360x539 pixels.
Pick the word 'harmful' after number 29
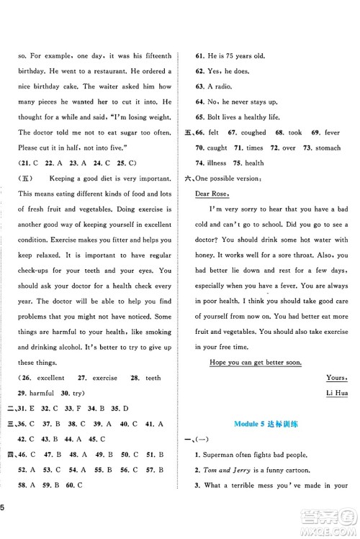pyautogui.click(x=49, y=393)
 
